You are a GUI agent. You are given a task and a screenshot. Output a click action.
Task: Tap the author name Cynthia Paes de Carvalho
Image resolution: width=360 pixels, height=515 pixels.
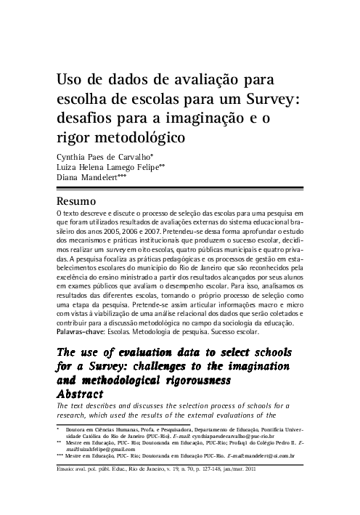point(102,155)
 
